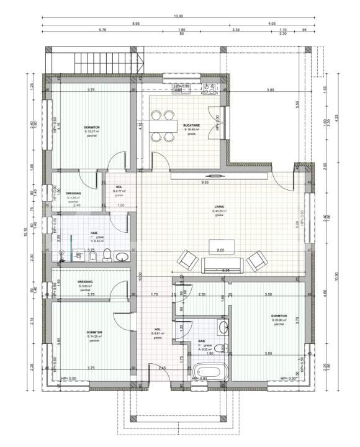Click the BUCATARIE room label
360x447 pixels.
pos(191,125)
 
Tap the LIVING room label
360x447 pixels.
pos(219,207)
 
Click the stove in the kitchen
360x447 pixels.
pos(209,91)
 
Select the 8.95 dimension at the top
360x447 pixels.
pos(136,23)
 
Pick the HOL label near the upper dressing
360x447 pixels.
pos(119,187)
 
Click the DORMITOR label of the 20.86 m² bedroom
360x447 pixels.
pos(279,315)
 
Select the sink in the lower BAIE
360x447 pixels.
pos(224,327)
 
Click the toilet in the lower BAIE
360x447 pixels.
pos(223,348)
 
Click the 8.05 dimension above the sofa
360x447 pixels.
pos(220,250)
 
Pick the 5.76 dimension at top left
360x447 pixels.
pos(102,30)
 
